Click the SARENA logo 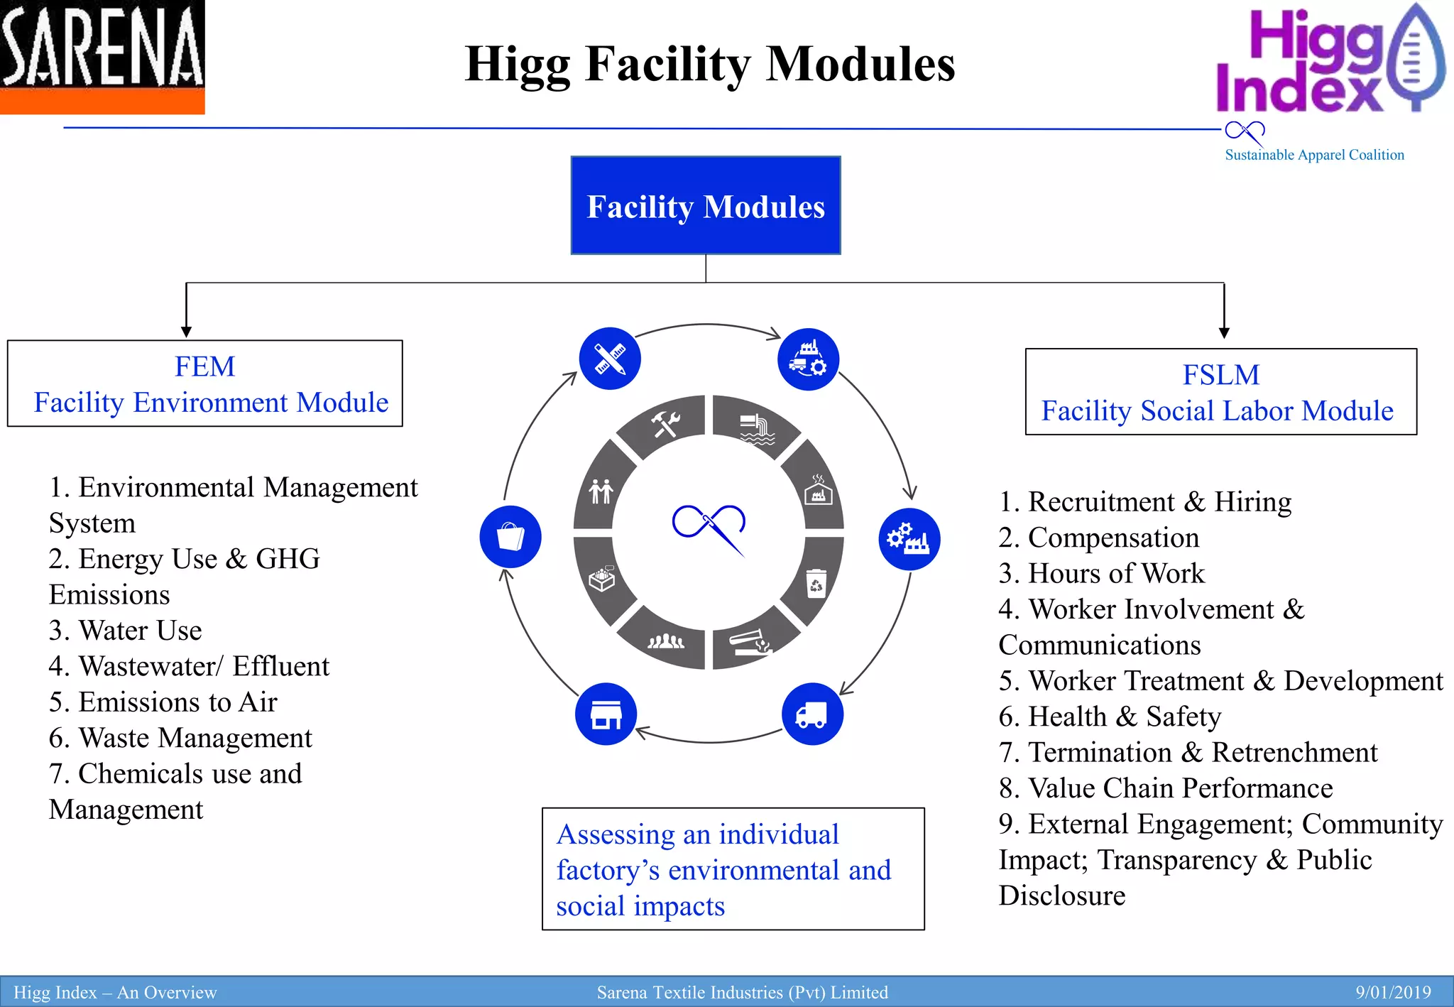click(x=102, y=57)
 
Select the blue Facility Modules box click(x=706, y=206)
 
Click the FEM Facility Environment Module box click(x=205, y=383)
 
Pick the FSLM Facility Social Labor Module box click(x=1220, y=392)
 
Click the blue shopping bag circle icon click(x=510, y=537)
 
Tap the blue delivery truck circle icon click(x=812, y=714)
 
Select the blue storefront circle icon click(x=606, y=714)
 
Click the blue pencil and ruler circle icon click(x=610, y=359)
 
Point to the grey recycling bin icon click(x=816, y=583)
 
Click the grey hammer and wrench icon click(x=665, y=424)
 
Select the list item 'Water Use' click(x=140, y=631)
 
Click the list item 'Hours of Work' click(x=1116, y=574)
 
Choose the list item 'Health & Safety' click(x=1125, y=717)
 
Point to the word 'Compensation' click(x=1113, y=538)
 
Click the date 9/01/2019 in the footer click(x=1393, y=992)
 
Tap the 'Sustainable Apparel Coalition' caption click(x=1314, y=155)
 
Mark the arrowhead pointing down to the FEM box click(x=186, y=332)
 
